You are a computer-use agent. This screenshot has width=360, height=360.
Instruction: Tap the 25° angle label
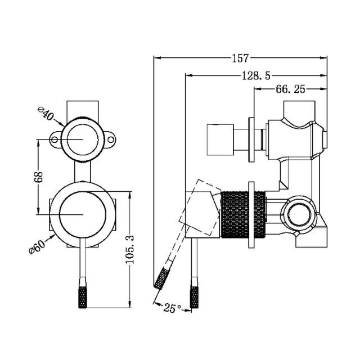coord(172,308)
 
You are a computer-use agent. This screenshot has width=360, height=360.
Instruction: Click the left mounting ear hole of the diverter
coord(55,138)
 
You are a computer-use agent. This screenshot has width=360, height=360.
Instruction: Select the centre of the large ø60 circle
coord(83,214)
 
